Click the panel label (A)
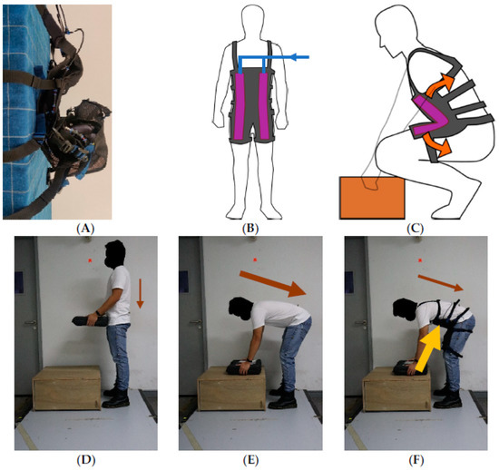pyautogui.click(x=85, y=229)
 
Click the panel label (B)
pyautogui.click(x=250, y=229)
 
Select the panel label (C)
pyautogui.click(x=415, y=229)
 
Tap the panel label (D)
pyautogui.click(x=86, y=459)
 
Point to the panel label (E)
pyautogui.click(x=250, y=459)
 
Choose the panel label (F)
pyautogui.click(x=415, y=459)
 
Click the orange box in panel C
pyautogui.click(x=372, y=198)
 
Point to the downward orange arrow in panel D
pyautogui.click(x=140, y=293)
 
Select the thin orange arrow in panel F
pyautogui.click(x=440, y=283)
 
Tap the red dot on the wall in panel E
pyautogui.click(x=255, y=260)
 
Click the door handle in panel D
pyautogui.click(x=30, y=323)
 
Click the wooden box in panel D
pyautogui.click(x=67, y=388)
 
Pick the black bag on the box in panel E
pyautogui.click(x=244, y=367)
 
